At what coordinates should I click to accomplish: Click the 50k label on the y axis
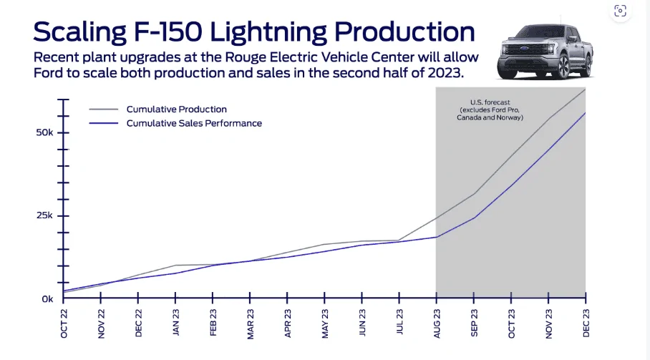pos(44,132)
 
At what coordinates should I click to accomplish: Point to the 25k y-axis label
pos(44,215)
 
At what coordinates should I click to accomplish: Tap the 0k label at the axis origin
pos(47,299)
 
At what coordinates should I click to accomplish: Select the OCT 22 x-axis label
pos(64,323)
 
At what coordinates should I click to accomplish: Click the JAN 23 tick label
pos(176,322)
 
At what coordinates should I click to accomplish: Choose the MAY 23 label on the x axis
pos(325,323)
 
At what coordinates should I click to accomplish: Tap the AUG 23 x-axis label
pos(437,323)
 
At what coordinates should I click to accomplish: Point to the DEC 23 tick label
pos(586,323)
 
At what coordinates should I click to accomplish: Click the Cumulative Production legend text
pos(177,110)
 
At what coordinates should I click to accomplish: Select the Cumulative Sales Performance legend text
pos(194,123)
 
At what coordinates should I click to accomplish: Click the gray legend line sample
pos(104,110)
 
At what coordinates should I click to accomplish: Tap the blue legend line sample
pos(104,123)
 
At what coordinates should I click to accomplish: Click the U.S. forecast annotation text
pos(490,110)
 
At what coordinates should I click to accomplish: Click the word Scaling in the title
pos(79,32)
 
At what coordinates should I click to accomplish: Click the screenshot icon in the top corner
pos(620,11)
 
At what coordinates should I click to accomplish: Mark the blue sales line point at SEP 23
pos(474,218)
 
